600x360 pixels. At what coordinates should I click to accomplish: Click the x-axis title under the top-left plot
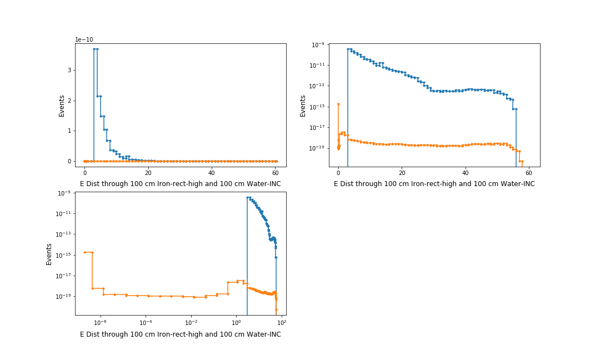tap(181, 183)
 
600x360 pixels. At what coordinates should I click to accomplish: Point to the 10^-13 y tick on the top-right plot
tap(318, 86)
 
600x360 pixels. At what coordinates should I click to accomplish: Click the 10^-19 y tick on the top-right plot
tap(318, 148)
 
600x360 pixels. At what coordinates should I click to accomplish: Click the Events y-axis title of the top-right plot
tap(303, 106)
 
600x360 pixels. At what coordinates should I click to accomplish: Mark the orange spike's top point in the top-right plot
tap(338, 104)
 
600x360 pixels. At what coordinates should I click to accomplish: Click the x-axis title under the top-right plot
tap(434, 183)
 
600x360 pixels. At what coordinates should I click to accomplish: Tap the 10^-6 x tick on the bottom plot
tap(100, 323)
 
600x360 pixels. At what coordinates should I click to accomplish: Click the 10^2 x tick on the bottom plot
tap(281, 323)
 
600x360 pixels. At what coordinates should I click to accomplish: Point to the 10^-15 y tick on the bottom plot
tap(64, 255)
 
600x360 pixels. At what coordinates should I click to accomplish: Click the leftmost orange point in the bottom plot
tap(84, 252)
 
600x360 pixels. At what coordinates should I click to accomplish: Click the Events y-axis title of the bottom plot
tap(49, 254)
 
